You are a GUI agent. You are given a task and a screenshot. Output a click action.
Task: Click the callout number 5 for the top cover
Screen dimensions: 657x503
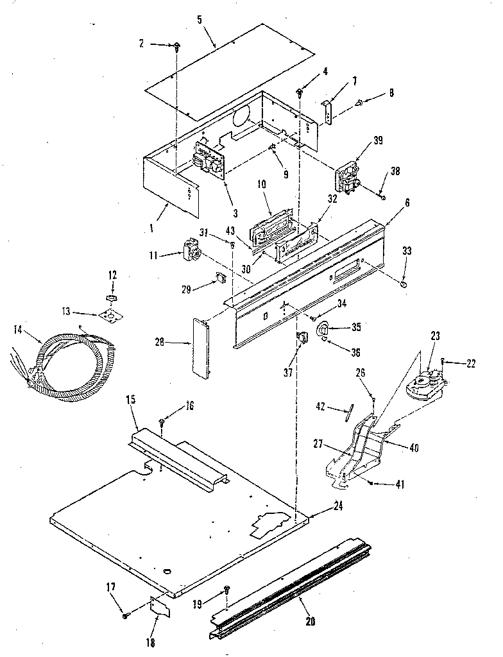200,19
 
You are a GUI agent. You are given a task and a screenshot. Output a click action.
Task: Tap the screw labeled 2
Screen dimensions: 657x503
176,45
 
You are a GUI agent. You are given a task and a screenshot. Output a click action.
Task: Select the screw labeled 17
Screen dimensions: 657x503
125,616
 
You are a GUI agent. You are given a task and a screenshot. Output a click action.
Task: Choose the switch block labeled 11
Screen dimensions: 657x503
189,249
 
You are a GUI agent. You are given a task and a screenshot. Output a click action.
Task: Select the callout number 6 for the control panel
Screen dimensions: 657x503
408,201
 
